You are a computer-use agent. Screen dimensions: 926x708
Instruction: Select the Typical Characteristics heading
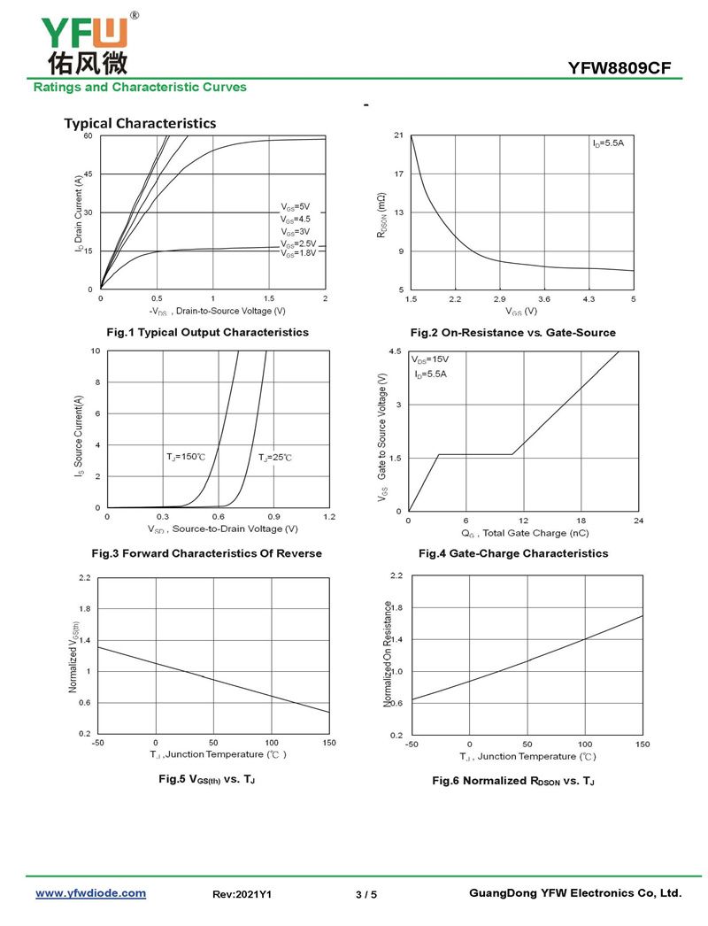click(140, 123)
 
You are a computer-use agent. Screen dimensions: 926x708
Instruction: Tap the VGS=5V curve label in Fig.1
click(296, 207)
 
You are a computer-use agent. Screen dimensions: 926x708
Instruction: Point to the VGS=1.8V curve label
click(298, 253)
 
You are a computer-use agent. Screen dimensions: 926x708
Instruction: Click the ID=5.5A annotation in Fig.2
click(608, 143)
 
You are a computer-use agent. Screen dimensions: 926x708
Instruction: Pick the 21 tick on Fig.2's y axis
click(399, 135)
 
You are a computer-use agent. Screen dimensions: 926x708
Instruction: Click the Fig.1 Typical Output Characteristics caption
click(207, 332)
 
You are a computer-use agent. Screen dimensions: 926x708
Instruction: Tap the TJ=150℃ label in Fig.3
click(185, 457)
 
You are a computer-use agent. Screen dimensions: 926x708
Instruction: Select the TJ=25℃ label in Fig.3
click(275, 458)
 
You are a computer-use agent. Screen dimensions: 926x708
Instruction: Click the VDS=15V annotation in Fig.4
click(430, 360)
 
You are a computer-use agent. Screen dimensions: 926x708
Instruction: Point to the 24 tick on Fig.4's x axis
click(639, 521)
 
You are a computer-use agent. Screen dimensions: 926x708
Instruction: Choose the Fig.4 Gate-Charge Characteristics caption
click(513, 553)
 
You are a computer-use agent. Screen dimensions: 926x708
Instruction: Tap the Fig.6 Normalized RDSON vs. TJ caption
click(513, 781)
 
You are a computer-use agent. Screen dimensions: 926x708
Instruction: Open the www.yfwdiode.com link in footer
click(90, 893)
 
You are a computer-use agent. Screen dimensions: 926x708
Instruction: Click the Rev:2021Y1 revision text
click(242, 895)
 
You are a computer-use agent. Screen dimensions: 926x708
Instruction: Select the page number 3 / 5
click(366, 895)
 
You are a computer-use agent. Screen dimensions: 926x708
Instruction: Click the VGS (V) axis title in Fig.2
click(521, 312)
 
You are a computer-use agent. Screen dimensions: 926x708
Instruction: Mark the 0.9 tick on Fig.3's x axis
click(273, 516)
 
